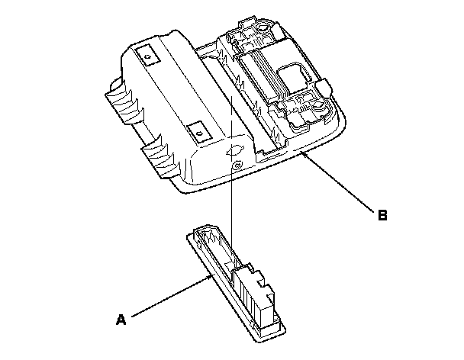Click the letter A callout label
coord(121,321)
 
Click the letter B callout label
coord(382,215)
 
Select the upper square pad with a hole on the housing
coord(147,54)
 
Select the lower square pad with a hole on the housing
coord(198,131)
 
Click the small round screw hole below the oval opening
coord(240,166)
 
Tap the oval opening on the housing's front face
coord(235,150)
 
